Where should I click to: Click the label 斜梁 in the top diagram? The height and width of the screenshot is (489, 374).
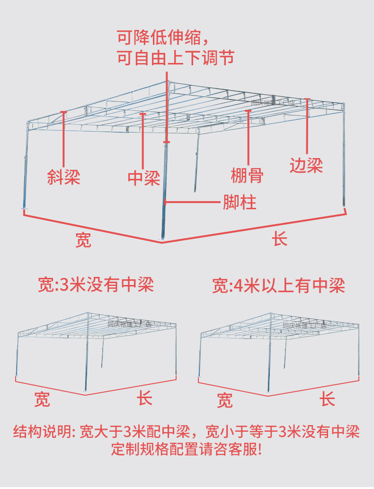point(63,177)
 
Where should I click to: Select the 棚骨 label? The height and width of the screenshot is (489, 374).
point(247,175)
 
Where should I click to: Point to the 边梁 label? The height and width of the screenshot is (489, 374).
point(306,165)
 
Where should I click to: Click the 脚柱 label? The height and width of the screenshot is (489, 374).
point(240,202)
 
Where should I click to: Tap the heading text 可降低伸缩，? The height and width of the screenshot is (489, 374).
point(162,36)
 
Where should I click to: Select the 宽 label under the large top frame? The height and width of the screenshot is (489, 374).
point(83,240)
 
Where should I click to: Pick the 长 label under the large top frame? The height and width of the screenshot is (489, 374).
point(280,239)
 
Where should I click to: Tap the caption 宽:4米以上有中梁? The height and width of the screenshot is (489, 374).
point(278,285)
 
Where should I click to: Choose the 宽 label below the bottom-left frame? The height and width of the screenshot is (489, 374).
point(42,400)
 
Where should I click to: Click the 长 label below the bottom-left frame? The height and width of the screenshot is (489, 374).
point(145,398)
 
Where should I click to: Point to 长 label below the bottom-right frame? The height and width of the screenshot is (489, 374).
point(328,399)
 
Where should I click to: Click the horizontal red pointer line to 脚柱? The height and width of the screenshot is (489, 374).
point(193,202)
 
